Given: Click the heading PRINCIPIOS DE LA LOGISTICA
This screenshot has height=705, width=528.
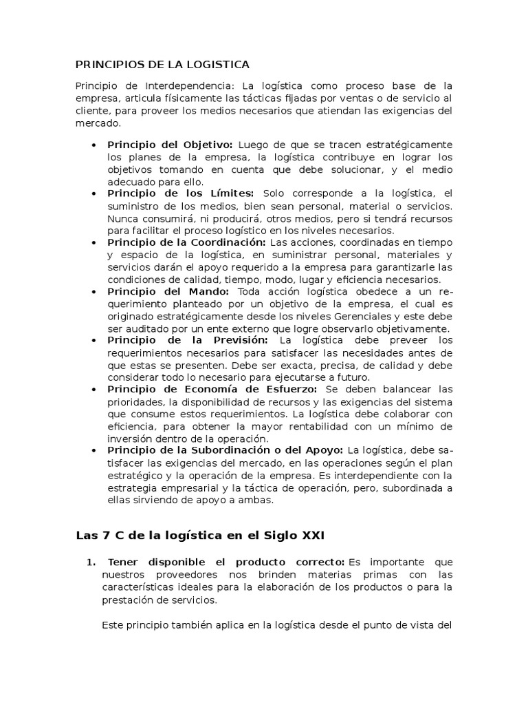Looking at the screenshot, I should click(162, 64).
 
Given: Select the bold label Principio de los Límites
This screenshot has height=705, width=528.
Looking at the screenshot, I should click(180, 193).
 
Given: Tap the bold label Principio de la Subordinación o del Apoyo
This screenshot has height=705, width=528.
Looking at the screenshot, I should click(225, 450).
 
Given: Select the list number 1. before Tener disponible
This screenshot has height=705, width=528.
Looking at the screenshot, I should click(91, 562).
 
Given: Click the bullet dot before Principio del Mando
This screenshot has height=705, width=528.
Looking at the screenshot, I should click(93, 292).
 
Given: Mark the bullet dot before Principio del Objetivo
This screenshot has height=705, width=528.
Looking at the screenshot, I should click(93, 145).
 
